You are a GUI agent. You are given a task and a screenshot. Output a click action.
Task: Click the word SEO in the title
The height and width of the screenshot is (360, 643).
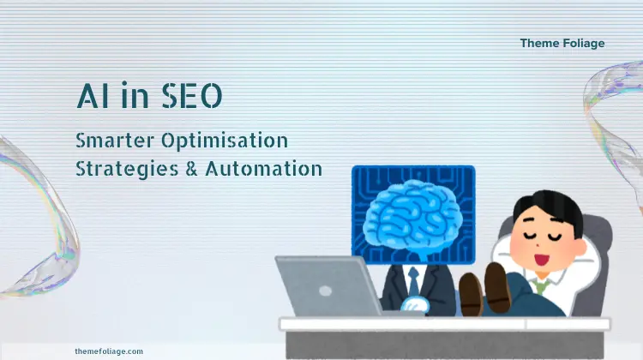click(x=192, y=96)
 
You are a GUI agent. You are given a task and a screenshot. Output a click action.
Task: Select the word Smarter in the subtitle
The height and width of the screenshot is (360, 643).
click(x=115, y=141)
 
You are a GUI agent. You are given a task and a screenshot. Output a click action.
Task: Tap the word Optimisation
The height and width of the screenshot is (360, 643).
click(x=225, y=141)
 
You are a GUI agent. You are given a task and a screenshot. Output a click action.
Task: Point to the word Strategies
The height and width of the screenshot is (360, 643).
click(x=127, y=170)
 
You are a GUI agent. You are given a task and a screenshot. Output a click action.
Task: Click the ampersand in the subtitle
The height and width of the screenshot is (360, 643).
click(x=191, y=169)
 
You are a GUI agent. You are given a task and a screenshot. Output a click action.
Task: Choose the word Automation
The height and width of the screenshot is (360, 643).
click(x=264, y=169)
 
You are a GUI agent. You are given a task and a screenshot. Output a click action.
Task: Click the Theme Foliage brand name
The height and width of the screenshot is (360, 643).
click(x=562, y=44)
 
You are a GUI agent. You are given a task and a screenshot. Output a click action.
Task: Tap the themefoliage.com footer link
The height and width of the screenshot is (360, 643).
click(x=109, y=351)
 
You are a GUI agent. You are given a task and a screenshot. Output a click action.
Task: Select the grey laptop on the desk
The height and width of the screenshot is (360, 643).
click(x=328, y=286)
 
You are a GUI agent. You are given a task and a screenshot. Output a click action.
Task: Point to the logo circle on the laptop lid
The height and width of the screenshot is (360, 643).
click(x=325, y=291)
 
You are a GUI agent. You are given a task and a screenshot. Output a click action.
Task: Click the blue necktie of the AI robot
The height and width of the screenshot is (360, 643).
click(x=413, y=281)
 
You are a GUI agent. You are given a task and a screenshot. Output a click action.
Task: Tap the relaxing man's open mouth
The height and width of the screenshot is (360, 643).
click(x=542, y=260)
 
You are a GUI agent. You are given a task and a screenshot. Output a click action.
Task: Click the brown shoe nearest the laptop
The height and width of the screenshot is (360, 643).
click(x=471, y=294)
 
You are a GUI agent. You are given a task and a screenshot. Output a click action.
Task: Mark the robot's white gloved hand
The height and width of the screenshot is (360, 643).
click(x=415, y=305)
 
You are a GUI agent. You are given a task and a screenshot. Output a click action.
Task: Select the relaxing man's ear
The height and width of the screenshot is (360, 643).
click(x=580, y=247)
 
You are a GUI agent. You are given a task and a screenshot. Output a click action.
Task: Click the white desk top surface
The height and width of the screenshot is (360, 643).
click(x=445, y=324)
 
